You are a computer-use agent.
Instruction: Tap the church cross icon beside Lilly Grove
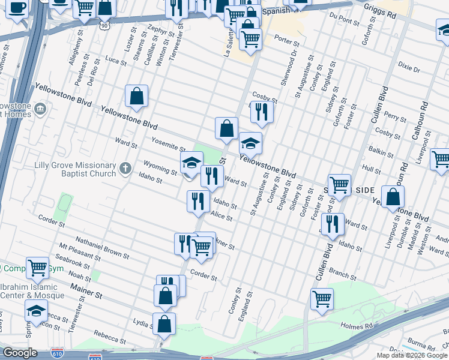click(125, 167)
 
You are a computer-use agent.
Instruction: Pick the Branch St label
click(342, 274)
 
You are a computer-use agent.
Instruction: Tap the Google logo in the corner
click(19, 353)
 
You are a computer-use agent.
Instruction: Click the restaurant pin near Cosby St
click(262, 111)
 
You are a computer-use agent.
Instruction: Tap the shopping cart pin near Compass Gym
click(37, 268)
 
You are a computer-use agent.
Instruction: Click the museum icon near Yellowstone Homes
click(40, 109)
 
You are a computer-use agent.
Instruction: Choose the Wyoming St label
click(160, 166)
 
